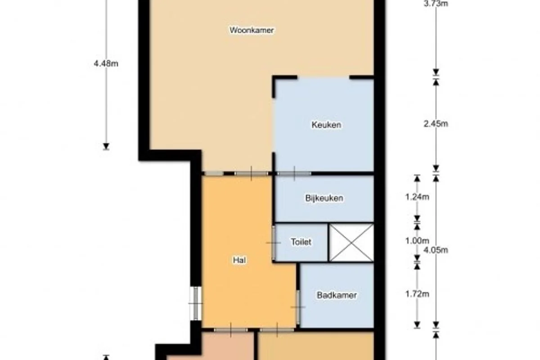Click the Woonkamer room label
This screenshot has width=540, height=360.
pyautogui.click(x=252, y=31)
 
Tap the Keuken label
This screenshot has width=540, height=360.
pyautogui.click(x=326, y=125)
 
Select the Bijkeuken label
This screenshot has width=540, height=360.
pyautogui.click(x=324, y=198)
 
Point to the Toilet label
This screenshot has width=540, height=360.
pyautogui.click(x=301, y=242)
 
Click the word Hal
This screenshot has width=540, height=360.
pyautogui.click(x=239, y=260)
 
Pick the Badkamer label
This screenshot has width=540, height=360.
pyautogui.click(x=337, y=295)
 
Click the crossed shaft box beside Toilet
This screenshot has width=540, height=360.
pyautogui.click(x=351, y=242)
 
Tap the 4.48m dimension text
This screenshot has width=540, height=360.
pyautogui.click(x=106, y=63)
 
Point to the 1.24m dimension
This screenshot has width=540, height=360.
pyautogui.click(x=417, y=197)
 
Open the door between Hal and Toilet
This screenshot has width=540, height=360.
pyautogui.click(x=274, y=243)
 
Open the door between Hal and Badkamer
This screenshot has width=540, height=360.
pyautogui.click(x=298, y=307)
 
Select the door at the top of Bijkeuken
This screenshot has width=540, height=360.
pyautogui.click(x=294, y=173)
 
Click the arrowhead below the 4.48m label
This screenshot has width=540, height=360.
pyautogui.click(x=106, y=146)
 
